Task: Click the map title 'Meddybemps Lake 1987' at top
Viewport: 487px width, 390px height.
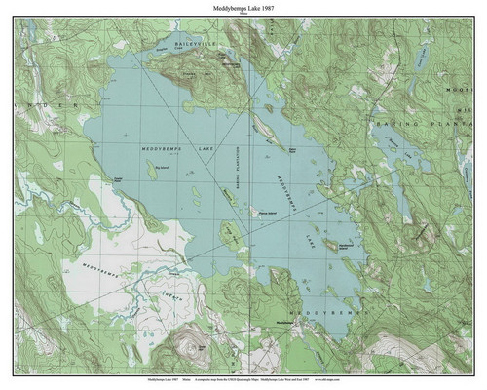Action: coord(243,8)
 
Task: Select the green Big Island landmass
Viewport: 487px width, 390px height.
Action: coord(152,177)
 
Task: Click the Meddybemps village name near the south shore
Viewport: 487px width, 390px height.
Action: coord(284,323)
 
